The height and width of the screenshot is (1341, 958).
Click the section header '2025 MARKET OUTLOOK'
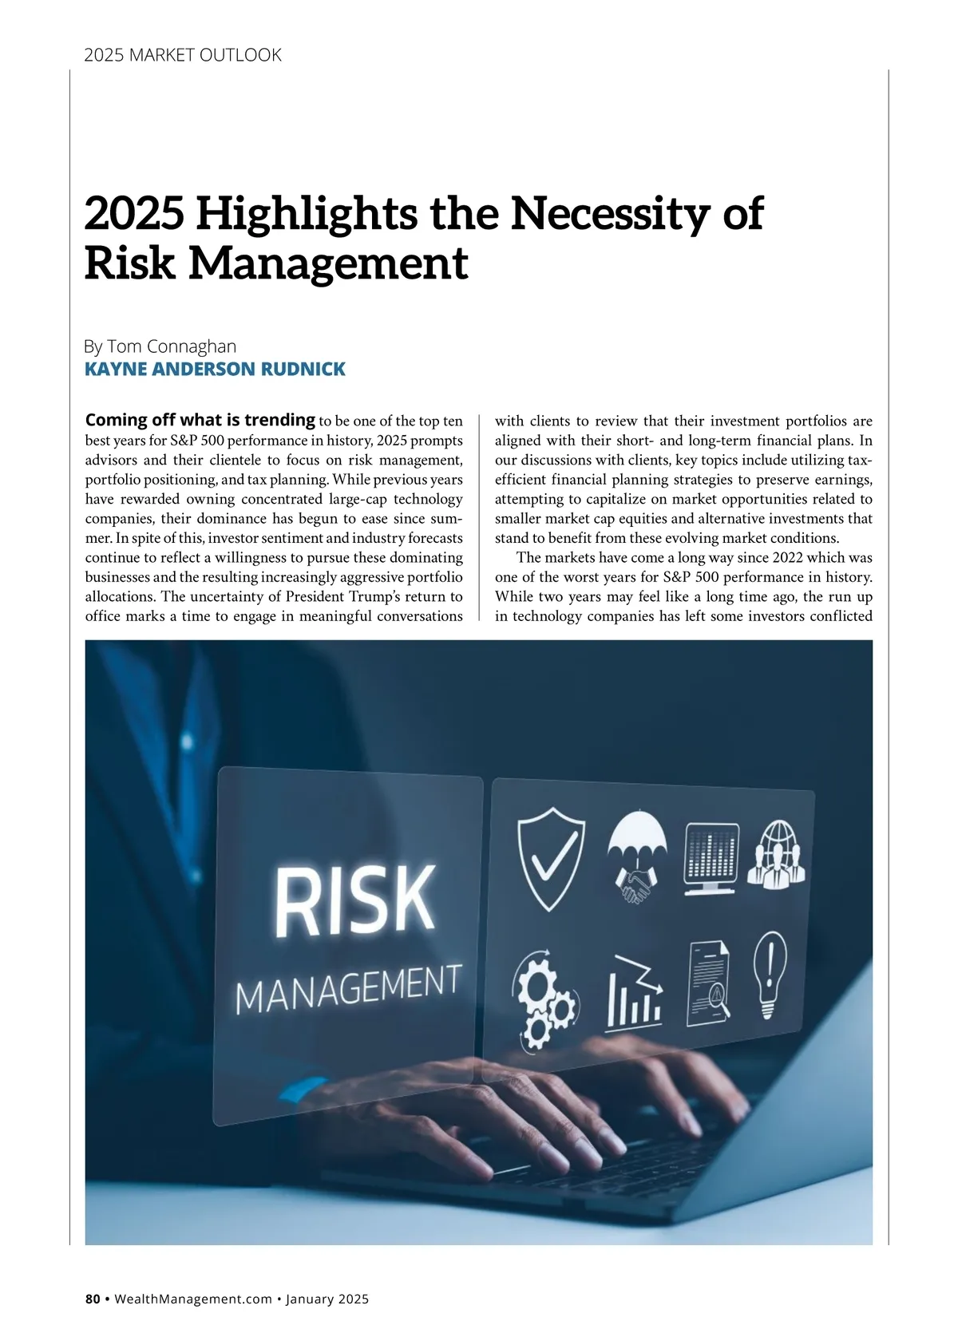(183, 55)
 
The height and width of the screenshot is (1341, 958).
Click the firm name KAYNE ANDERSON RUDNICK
(215, 369)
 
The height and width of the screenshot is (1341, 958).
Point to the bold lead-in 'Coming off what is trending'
(200, 420)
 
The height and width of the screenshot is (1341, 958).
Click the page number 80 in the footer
(93, 1299)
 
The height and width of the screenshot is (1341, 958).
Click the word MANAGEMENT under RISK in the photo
(348, 987)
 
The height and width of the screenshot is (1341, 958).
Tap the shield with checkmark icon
(551, 858)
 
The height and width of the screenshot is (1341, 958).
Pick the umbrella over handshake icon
(636, 856)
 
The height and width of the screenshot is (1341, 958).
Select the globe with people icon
(777, 855)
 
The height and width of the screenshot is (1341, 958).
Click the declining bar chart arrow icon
(635, 994)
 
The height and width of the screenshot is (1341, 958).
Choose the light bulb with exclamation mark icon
(768, 975)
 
